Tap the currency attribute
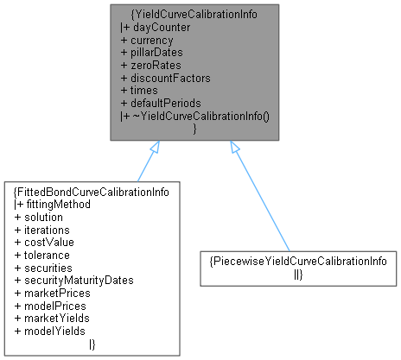(153, 40)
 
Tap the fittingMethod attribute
(58, 205)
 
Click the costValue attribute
(48, 243)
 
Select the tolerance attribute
(48, 255)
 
